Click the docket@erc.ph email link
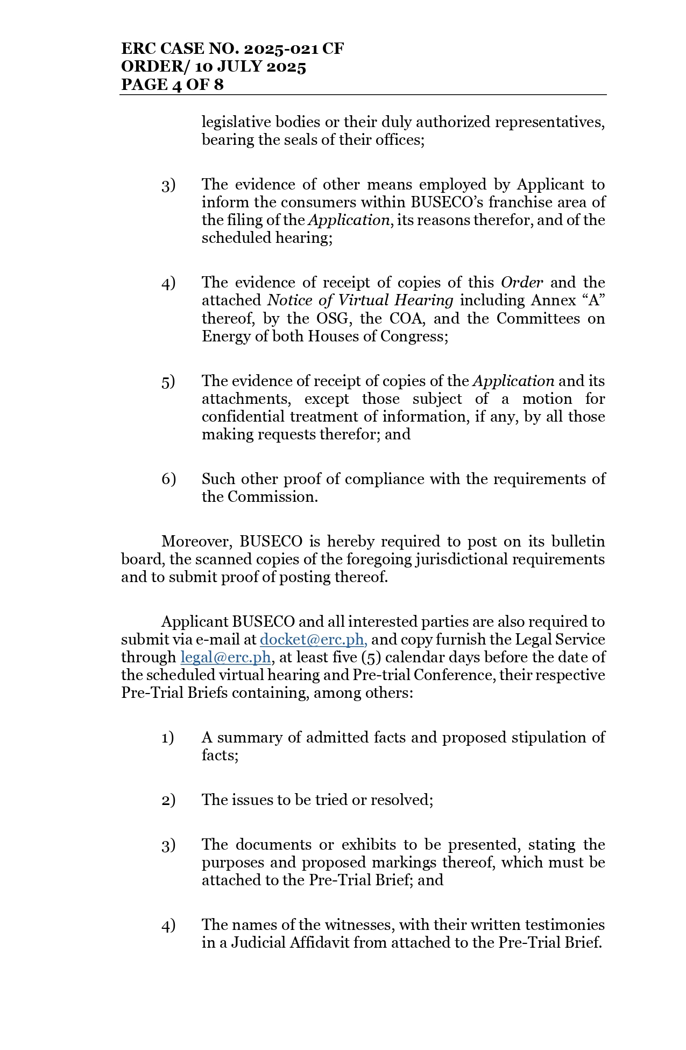(x=313, y=640)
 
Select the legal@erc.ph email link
(x=225, y=657)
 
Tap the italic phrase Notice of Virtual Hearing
(x=360, y=300)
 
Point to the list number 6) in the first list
(x=168, y=479)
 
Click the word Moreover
(x=197, y=542)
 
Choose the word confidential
(x=244, y=417)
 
